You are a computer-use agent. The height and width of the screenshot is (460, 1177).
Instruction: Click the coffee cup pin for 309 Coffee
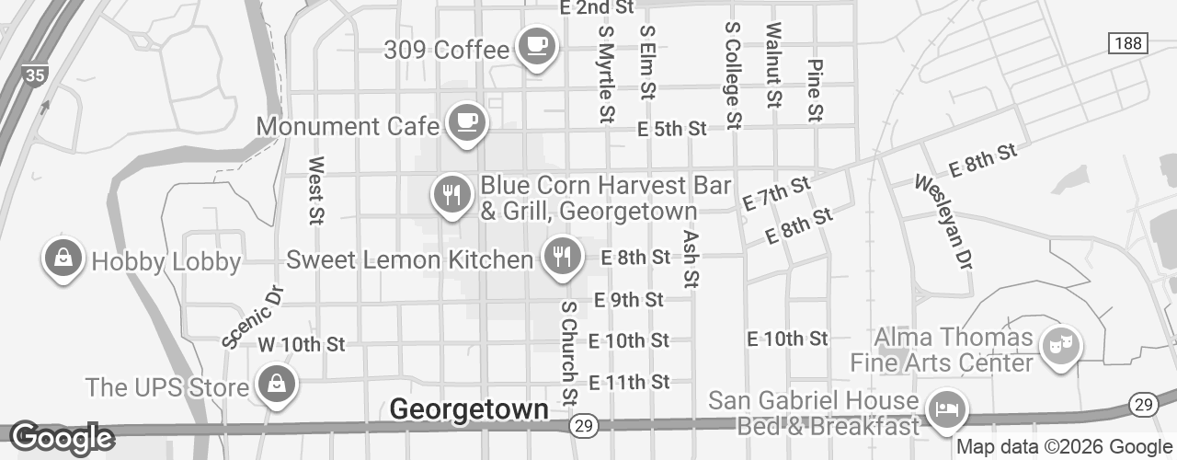pyautogui.click(x=536, y=45)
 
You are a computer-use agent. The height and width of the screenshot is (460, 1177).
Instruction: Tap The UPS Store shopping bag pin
pyautogui.click(x=276, y=384)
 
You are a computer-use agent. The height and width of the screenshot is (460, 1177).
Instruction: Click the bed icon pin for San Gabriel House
pyautogui.click(x=944, y=408)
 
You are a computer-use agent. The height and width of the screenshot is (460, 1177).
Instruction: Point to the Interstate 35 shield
pyautogui.click(x=35, y=75)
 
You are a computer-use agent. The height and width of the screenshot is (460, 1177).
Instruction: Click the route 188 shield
pyautogui.click(x=1126, y=43)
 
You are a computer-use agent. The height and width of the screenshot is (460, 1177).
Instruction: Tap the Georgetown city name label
pyautogui.click(x=470, y=409)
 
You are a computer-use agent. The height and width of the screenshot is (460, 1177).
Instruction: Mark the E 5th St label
pyautogui.click(x=672, y=129)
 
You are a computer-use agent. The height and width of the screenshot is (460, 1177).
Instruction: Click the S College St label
pyautogui.click(x=733, y=75)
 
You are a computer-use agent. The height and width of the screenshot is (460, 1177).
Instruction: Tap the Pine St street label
pyautogui.click(x=814, y=90)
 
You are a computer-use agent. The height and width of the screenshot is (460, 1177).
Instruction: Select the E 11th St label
pyautogui.click(x=628, y=381)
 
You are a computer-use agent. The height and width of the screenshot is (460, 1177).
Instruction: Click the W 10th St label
pyautogui.click(x=301, y=345)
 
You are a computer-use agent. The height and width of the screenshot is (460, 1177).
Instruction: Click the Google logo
pyautogui.click(x=61, y=439)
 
